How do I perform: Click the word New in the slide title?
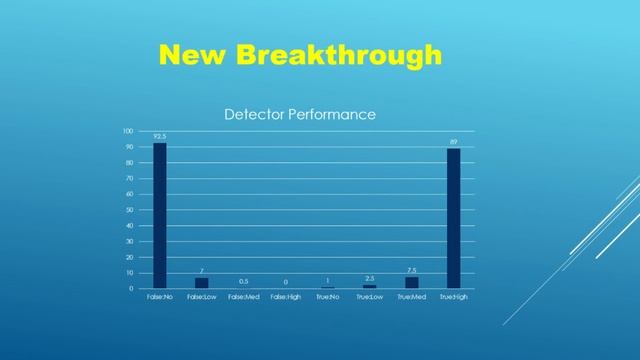(x=194, y=55)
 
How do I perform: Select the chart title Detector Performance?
(x=299, y=114)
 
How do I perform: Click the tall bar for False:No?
(x=160, y=215)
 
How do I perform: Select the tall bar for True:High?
(x=453, y=218)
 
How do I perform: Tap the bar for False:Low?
(x=201, y=282)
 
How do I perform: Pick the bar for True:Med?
(x=411, y=282)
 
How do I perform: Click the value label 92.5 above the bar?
(x=160, y=136)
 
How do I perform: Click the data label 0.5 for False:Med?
(x=243, y=281)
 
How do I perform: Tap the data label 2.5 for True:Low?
(x=369, y=278)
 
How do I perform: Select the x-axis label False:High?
(x=285, y=297)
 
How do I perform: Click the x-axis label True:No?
(x=327, y=297)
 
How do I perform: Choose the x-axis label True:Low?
(x=369, y=297)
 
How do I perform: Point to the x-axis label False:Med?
(x=243, y=297)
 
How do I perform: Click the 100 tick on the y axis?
(x=127, y=131)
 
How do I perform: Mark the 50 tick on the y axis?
(x=129, y=210)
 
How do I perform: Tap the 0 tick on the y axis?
(x=131, y=288)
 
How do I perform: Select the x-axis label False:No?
(x=160, y=297)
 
